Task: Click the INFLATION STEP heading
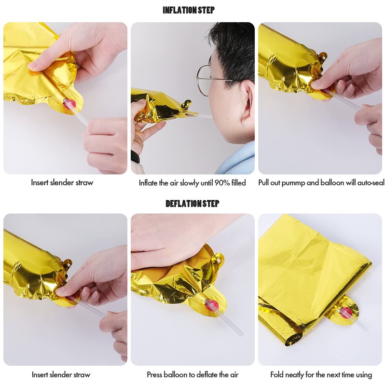(189, 10)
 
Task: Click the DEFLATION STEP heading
(192, 204)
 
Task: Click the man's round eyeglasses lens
(203, 81)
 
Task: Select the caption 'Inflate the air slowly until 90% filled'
(192, 183)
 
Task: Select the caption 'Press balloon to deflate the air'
(193, 375)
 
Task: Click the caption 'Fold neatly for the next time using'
(321, 375)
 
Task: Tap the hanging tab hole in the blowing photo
(187, 104)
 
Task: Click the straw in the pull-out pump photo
(343, 99)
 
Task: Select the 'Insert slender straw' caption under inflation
(62, 183)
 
